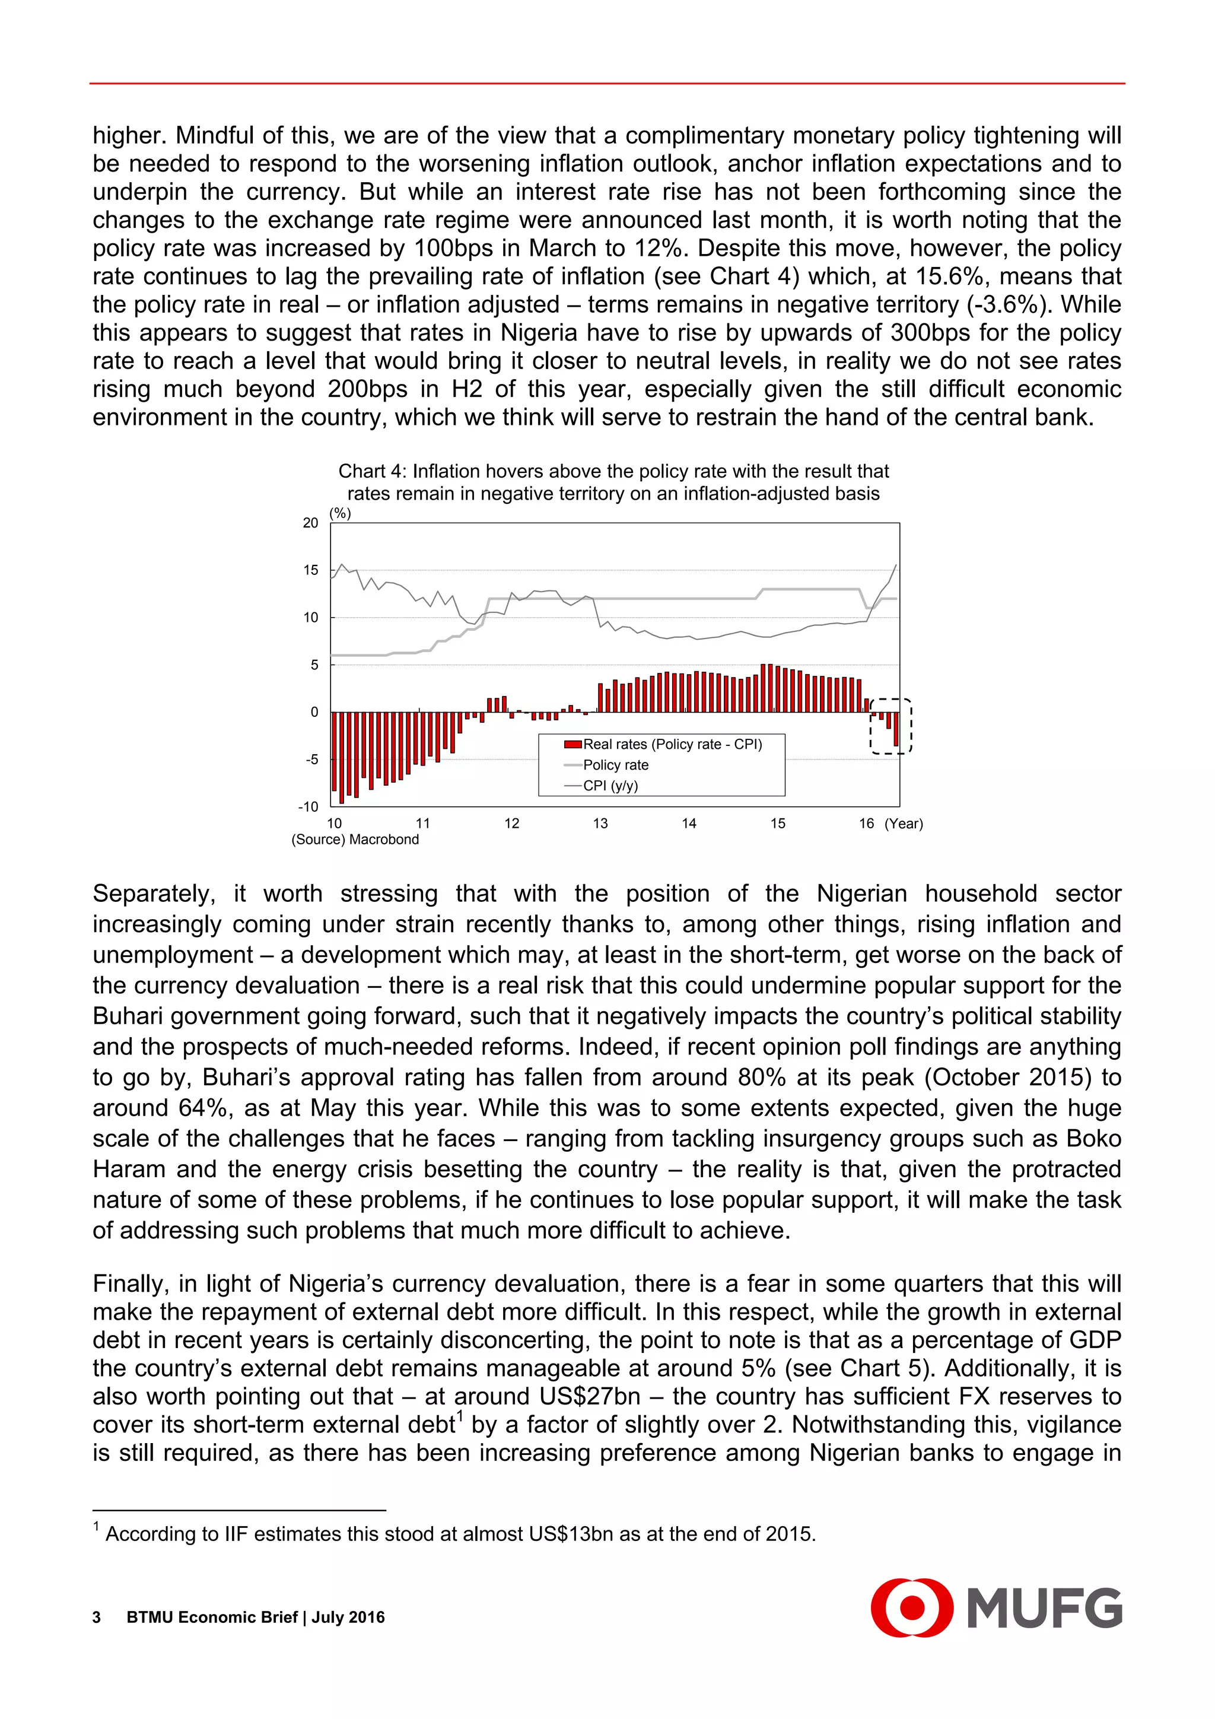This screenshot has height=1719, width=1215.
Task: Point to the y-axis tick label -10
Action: (308, 807)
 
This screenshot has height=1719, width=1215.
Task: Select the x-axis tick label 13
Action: (600, 824)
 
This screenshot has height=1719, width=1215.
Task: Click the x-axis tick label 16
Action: (866, 824)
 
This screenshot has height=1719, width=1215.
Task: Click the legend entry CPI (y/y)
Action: (610, 786)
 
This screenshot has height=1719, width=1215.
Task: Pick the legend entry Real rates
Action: (672, 744)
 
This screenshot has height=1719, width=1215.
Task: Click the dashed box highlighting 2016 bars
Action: (891, 726)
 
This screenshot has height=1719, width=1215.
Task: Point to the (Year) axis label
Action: (904, 824)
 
